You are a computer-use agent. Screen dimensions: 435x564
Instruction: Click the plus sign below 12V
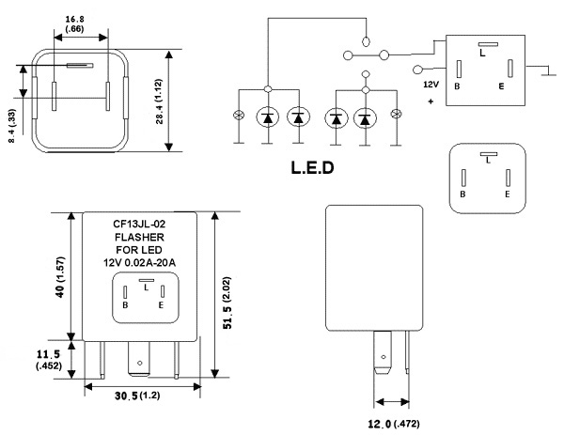[431, 99]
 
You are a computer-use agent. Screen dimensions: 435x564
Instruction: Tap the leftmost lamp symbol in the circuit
[237, 117]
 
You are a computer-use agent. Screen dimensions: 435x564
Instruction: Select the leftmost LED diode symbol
[270, 117]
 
